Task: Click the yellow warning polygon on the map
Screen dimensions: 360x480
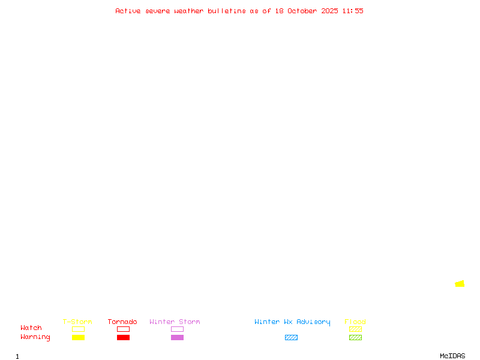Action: (x=460, y=284)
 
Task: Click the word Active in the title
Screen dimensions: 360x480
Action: (x=128, y=11)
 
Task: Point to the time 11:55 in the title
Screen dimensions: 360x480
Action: (x=353, y=11)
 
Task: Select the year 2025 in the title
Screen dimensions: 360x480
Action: (x=329, y=11)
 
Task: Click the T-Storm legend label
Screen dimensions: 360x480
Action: (x=77, y=322)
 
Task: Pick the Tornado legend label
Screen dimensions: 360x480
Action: (x=122, y=322)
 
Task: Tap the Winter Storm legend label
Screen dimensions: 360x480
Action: (x=175, y=322)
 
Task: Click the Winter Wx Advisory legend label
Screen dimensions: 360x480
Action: (x=292, y=322)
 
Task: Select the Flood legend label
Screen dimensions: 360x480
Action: (x=355, y=322)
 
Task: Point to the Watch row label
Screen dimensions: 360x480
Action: (x=31, y=328)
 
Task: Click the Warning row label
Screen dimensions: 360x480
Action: (x=35, y=337)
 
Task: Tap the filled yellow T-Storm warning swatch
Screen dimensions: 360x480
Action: (x=78, y=338)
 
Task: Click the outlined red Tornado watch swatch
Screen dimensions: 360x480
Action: (x=123, y=329)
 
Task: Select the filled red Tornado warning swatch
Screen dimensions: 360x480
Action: (x=123, y=338)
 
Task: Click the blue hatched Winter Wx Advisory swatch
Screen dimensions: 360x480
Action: (x=291, y=338)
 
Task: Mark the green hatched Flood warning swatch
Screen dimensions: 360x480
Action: (x=355, y=338)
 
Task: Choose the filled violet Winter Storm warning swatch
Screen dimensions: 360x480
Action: (x=177, y=338)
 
